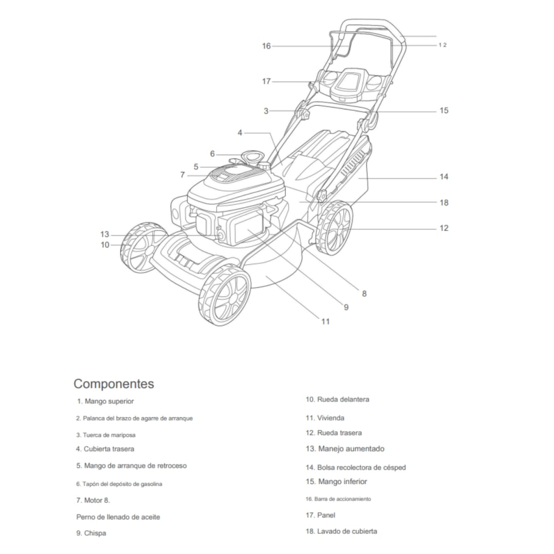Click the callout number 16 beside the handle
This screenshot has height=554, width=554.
coord(266,46)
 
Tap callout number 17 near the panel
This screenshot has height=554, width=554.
coord(266,81)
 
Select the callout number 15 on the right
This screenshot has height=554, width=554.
coord(444,110)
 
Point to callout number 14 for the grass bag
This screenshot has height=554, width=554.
coord(444,176)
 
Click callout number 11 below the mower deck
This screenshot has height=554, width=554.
coord(325,321)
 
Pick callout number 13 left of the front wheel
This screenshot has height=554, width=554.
coord(105,234)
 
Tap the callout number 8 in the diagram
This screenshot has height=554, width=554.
coord(364,293)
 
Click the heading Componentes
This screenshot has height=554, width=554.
coord(114,384)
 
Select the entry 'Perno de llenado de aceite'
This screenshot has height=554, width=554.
coord(118,517)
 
